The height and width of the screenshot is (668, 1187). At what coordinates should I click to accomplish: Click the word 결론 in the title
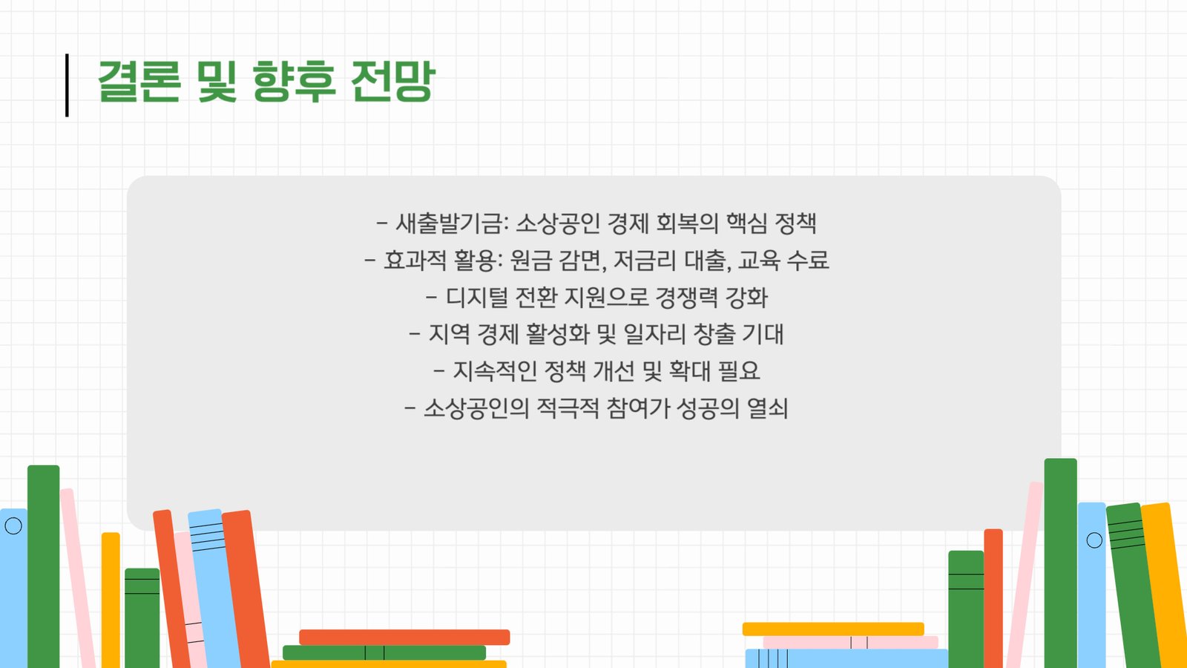click(x=139, y=81)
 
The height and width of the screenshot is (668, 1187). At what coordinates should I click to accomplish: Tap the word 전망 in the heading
click(x=392, y=81)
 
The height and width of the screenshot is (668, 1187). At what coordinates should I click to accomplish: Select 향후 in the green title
click(x=294, y=81)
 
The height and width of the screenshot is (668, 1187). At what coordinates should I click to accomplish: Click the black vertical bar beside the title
click(x=67, y=85)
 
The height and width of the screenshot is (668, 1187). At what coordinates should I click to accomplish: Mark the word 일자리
click(x=654, y=334)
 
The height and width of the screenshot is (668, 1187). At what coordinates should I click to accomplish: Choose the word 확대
click(x=689, y=371)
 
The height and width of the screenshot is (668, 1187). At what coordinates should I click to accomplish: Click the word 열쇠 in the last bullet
click(x=768, y=408)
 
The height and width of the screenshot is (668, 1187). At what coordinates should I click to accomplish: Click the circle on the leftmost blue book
click(x=13, y=526)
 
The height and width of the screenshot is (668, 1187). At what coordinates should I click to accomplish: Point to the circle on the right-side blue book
click(x=1094, y=540)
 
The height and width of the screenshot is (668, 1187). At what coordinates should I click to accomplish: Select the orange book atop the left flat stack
click(x=404, y=638)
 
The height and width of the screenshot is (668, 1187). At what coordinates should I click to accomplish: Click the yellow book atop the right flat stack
click(x=833, y=629)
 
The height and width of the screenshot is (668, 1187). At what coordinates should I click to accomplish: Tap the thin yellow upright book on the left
click(x=111, y=600)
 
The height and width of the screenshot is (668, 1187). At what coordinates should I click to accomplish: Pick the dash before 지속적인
click(x=438, y=371)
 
